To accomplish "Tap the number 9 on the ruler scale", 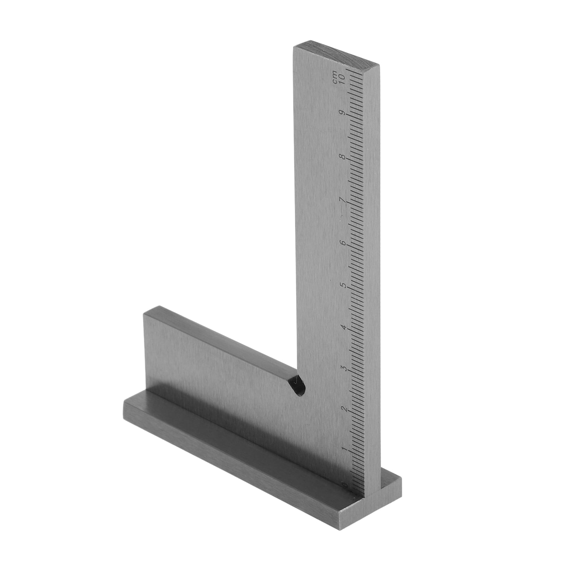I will click(342, 113).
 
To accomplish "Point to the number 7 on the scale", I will click(343, 200).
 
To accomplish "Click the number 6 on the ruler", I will click(343, 243).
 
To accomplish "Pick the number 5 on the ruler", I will click(343, 285).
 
